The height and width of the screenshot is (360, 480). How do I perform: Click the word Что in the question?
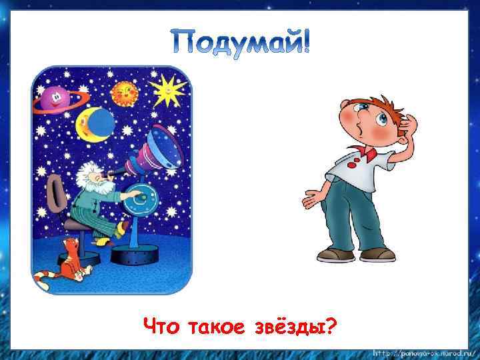pos(163,327)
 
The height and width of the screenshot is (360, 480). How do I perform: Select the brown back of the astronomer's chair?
pos(55,193)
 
